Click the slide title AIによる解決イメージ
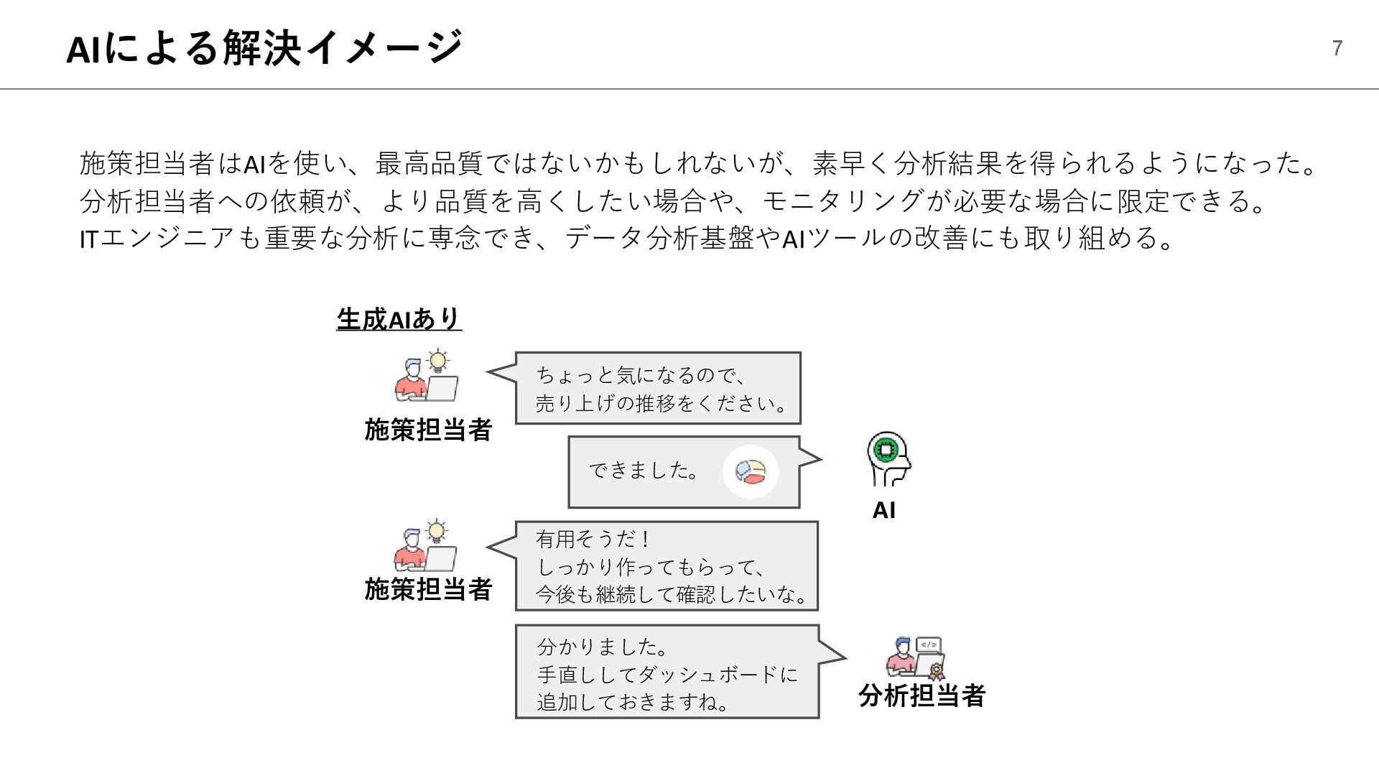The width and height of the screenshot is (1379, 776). coord(264,48)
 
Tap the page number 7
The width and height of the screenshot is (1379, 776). coord(1337,48)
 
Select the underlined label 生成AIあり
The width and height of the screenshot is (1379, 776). coord(399,319)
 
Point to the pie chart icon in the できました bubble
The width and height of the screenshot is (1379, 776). coord(751,471)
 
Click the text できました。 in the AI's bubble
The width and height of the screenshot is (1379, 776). coord(644,471)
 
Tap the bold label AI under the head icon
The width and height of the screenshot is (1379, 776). coord(883,510)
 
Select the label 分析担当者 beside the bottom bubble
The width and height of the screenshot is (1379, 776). coord(921,696)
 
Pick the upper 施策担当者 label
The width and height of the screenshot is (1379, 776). coord(428,430)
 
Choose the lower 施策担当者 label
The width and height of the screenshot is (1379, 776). coord(428,589)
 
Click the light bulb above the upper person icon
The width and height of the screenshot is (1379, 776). coord(437,359)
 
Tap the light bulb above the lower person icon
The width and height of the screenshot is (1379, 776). coord(436,532)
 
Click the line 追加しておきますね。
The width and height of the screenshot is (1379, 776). coord(633,702)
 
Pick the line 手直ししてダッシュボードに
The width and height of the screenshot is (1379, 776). coord(667,675)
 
